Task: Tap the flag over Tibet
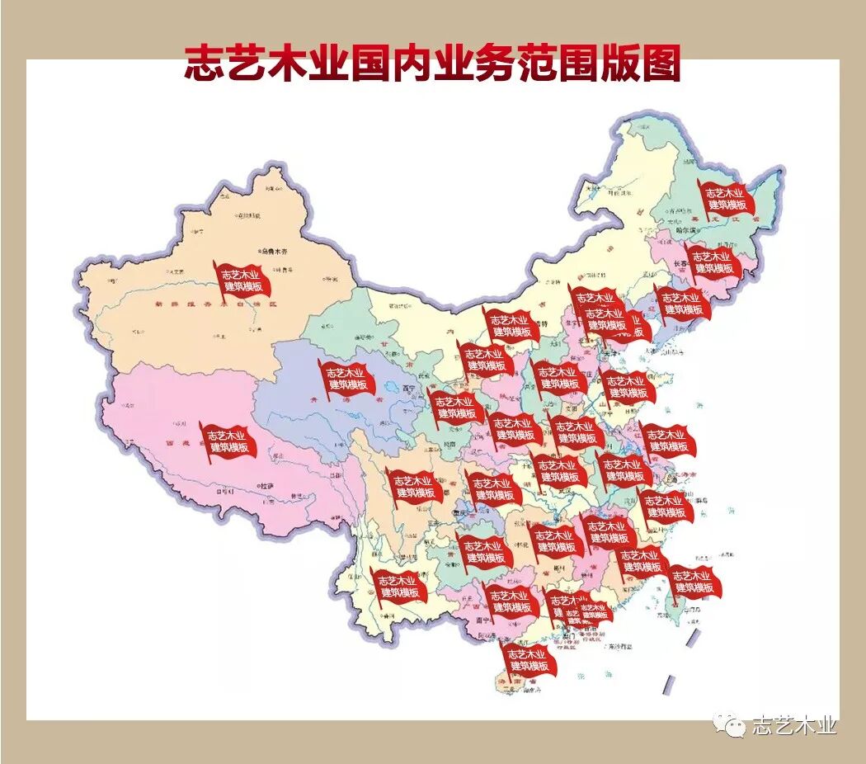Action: [229, 441]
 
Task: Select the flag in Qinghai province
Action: [347, 379]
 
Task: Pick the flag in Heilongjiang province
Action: [727, 199]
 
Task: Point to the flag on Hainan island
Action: [529, 660]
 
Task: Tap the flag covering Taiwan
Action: [692, 582]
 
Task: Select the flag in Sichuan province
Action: [416, 487]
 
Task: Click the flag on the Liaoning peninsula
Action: [682, 304]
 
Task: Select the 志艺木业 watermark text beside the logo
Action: [794, 726]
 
